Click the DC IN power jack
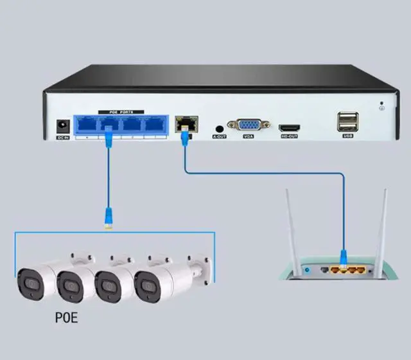pyautogui.click(x=63, y=125)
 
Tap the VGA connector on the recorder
pyautogui.click(x=248, y=125)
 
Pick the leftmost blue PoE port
pyautogui.click(x=84, y=125)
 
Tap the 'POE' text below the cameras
pyautogui.click(x=66, y=317)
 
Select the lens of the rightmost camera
pyautogui.click(x=145, y=282)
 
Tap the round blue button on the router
pyautogui.click(x=306, y=271)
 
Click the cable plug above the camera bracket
pyautogui.click(x=109, y=221)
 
